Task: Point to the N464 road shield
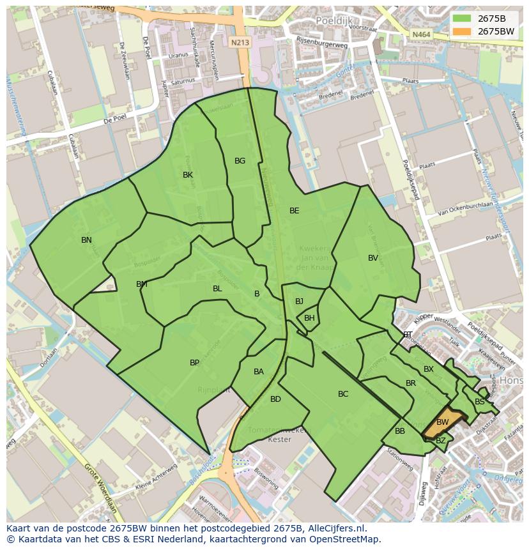coord(421,34)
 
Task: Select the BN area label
coord(86,240)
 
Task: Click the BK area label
coord(188,175)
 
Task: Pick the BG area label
coord(240,161)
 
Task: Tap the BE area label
coord(294,211)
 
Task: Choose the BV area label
coord(373,258)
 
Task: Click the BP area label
coord(195,363)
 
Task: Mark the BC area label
coord(343,394)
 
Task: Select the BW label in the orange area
coord(442,422)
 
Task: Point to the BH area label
coord(309,318)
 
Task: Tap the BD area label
coord(275,399)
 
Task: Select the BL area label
coord(217,289)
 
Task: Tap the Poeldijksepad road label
coord(410,180)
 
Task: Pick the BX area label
coord(429,369)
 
